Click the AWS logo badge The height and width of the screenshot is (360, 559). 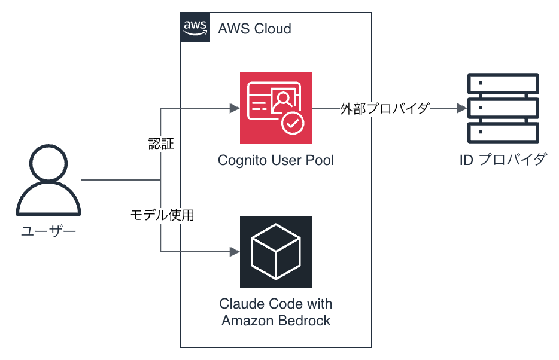[x=195, y=28]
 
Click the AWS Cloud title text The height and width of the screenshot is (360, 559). [x=254, y=29]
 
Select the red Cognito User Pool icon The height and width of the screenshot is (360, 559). [x=276, y=108]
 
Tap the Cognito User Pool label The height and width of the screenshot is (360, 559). [x=276, y=160]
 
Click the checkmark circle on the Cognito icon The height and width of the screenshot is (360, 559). [x=293, y=123]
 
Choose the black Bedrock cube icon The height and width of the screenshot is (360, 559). [x=276, y=252]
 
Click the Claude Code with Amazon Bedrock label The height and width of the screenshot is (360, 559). [x=276, y=312]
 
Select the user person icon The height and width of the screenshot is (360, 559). [x=48, y=180]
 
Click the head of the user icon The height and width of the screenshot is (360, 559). [x=48, y=163]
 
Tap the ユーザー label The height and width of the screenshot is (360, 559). [x=48, y=231]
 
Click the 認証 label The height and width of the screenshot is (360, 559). [x=161, y=144]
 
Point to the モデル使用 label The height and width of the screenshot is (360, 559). [x=162, y=215]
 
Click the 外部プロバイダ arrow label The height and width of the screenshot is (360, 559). [x=385, y=108]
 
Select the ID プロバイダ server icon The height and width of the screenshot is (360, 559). [x=503, y=108]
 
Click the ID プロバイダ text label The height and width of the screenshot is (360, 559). [x=503, y=160]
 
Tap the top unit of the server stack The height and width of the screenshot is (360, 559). [x=503, y=84]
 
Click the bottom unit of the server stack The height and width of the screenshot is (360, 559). [x=503, y=133]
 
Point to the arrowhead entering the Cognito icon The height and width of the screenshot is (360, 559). [x=235, y=108]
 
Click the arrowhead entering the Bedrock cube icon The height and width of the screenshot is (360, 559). [x=235, y=252]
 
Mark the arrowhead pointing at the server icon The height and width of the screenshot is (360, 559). [x=462, y=108]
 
